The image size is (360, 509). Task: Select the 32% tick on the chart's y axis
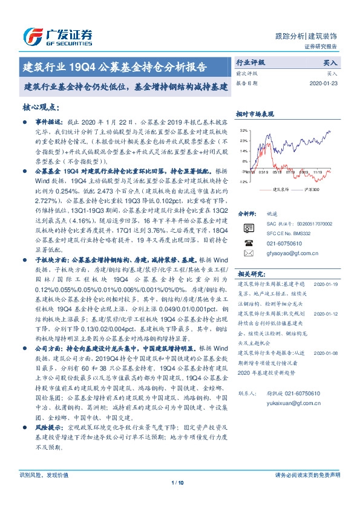pyautogui.click(x=243, y=130)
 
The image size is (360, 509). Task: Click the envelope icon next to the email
pyautogui.click(x=248, y=253)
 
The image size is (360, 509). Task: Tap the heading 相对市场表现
pyautogui.click(x=255, y=113)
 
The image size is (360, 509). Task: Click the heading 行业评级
pyautogui.click(x=250, y=62)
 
